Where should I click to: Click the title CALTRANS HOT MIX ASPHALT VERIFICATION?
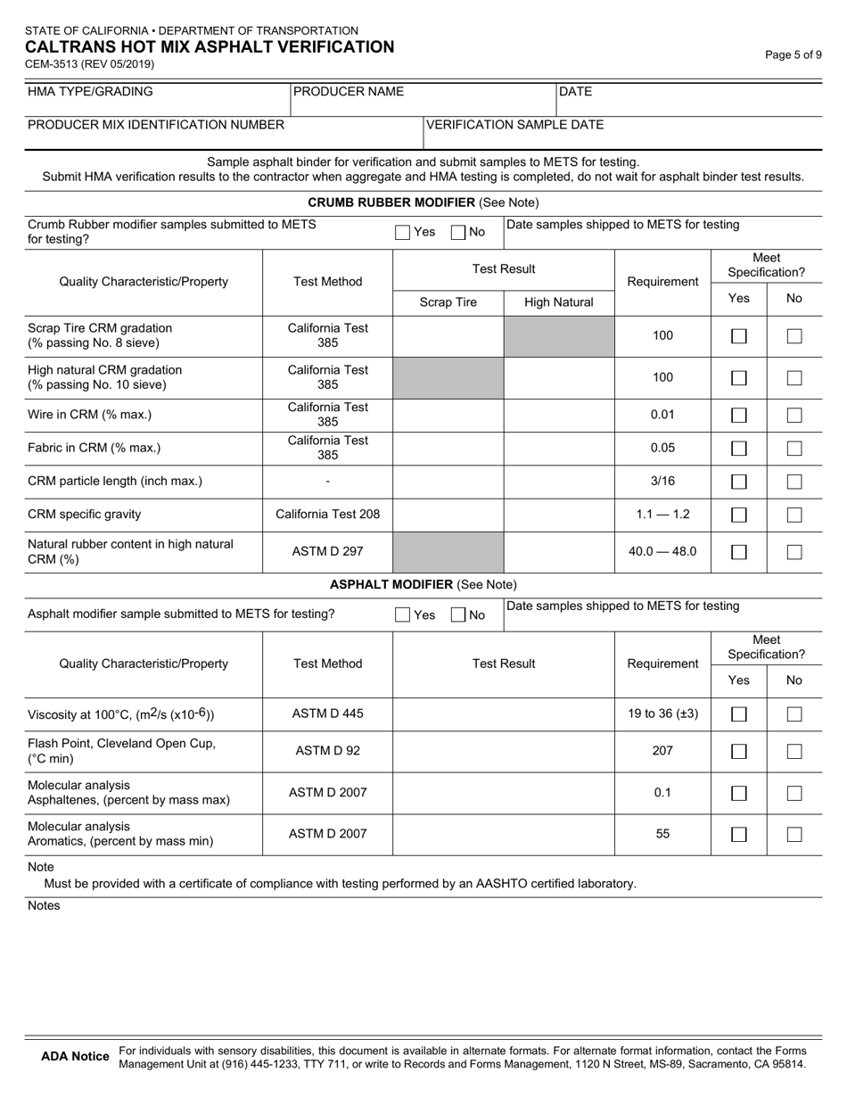coord(210,47)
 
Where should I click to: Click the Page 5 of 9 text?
coord(794,54)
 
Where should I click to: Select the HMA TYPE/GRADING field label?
coord(90,92)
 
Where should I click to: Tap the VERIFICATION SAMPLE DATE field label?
coord(514,125)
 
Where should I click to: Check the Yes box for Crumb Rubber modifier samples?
coord(403,233)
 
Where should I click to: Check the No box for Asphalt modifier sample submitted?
coord(458,614)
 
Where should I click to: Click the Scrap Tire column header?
coord(448,302)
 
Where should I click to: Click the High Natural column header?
coord(559,302)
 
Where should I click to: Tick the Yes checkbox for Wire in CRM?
coord(739,415)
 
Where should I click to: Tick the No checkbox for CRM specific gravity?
coord(794,515)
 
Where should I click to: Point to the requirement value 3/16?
coord(662,481)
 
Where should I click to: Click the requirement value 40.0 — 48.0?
coord(662,551)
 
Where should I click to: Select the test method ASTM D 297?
coord(328,551)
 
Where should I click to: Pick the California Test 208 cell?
coord(328,515)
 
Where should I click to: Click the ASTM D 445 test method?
coord(328,713)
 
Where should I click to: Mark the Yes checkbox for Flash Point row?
coord(739,751)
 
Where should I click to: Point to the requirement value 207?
coord(662,751)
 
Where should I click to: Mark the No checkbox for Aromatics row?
coord(794,835)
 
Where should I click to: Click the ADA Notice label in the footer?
coord(76,1057)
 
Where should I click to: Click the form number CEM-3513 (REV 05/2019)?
coord(91,64)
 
